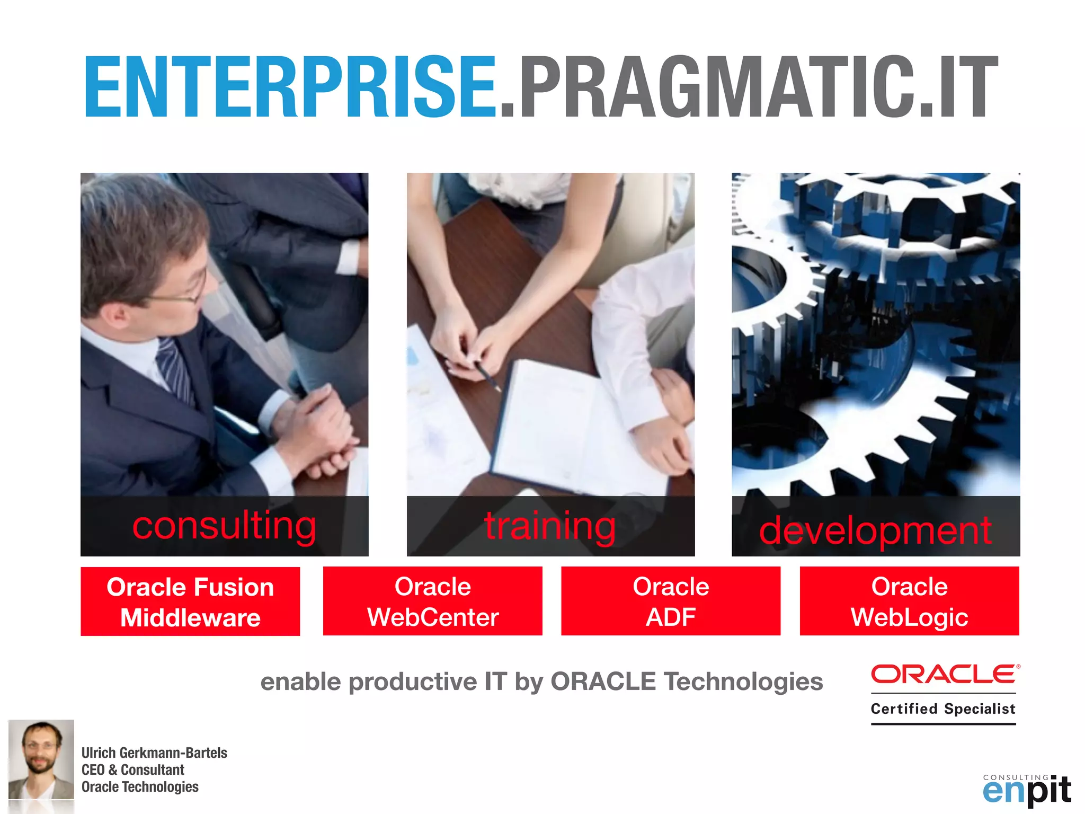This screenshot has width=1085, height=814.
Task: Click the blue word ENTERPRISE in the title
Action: click(290, 87)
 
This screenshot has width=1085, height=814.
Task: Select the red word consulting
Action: click(224, 526)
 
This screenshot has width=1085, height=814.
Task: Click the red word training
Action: click(550, 526)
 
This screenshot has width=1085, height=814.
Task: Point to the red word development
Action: click(875, 530)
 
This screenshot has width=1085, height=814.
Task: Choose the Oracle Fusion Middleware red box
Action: click(190, 601)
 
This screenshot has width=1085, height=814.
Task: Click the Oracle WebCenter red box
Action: click(432, 601)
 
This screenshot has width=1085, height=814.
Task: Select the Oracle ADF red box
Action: click(671, 601)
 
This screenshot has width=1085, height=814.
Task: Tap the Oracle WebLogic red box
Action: click(909, 601)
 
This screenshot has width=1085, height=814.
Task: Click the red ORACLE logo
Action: click(945, 674)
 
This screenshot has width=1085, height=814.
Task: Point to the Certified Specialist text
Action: click(943, 709)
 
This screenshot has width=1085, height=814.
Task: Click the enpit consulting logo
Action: click(1026, 790)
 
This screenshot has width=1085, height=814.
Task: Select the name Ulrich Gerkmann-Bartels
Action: click(154, 753)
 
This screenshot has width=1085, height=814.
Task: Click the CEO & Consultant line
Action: click(132, 769)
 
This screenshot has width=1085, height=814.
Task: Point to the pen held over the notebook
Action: click(487, 376)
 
